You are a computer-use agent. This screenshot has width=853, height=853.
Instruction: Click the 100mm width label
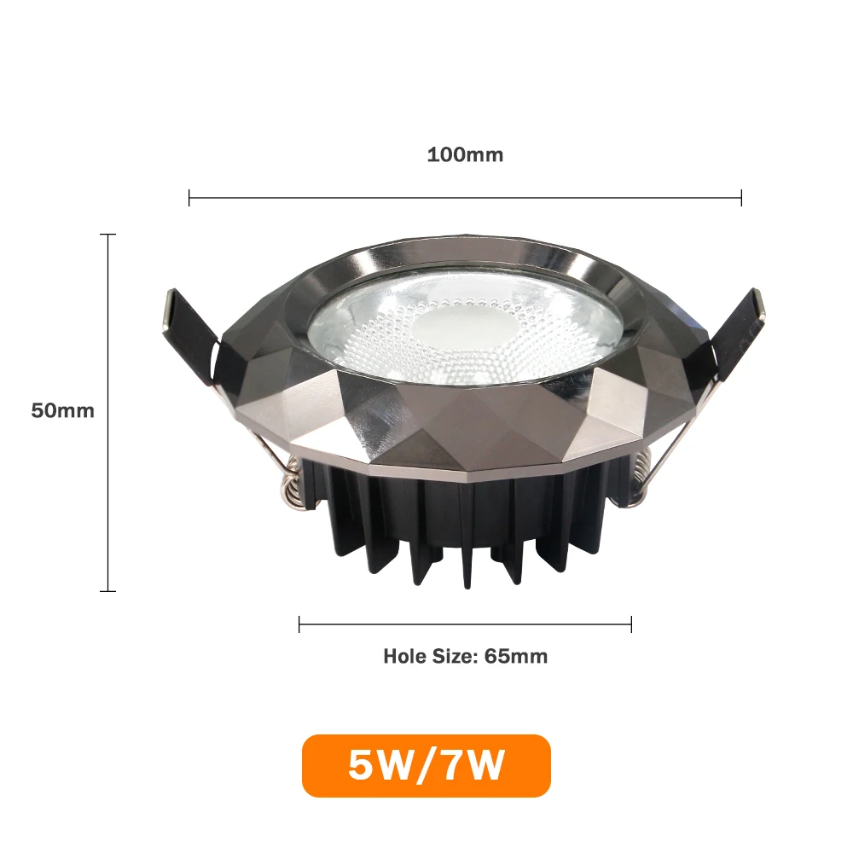(465, 155)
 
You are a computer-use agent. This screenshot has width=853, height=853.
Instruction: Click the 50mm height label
(62, 410)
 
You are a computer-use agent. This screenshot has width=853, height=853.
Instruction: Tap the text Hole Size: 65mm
(465, 657)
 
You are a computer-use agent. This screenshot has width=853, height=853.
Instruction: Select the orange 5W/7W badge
(426, 765)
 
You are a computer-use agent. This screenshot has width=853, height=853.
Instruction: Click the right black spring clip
(735, 333)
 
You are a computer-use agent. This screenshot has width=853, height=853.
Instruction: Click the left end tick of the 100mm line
(189, 199)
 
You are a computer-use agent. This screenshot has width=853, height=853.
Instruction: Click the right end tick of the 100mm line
(741, 199)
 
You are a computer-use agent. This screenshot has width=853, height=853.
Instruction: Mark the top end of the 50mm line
(107, 234)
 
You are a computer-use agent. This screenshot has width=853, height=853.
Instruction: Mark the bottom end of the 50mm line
(107, 590)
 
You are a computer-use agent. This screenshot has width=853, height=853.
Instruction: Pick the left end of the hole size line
(299, 624)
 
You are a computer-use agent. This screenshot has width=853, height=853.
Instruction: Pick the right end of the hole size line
(631, 624)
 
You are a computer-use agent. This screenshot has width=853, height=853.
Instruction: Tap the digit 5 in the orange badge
(361, 765)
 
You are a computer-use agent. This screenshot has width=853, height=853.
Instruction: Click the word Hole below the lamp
(403, 657)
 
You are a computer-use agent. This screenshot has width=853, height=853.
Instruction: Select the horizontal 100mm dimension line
(465, 199)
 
